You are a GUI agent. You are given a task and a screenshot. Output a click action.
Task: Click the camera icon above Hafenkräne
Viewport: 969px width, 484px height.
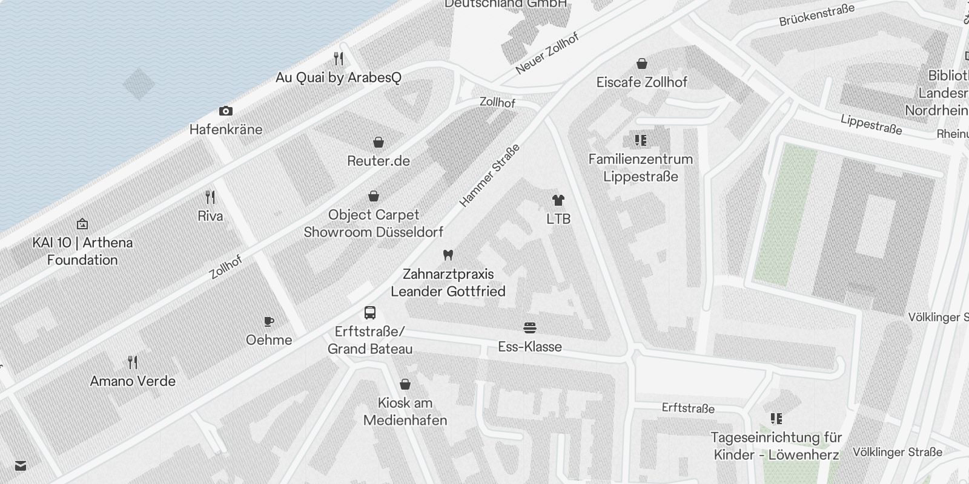(226, 111)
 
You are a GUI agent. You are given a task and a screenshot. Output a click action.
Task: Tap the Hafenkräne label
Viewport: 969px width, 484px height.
(226, 129)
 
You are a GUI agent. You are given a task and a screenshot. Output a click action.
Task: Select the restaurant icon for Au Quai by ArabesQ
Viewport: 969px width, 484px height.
(339, 59)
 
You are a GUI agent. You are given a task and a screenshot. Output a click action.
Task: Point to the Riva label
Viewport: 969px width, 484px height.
(210, 216)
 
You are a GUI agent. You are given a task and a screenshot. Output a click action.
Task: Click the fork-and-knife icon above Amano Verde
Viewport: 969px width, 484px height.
(133, 362)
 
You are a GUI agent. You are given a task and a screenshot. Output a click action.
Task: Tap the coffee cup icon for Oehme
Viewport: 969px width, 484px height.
(269, 321)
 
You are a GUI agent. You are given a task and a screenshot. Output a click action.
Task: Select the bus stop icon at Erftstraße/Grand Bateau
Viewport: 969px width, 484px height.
(370, 313)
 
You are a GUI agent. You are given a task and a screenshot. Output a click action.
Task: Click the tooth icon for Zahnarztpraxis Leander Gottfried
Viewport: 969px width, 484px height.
(448, 255)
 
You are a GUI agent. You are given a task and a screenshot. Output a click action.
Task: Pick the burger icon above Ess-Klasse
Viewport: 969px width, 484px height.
(530, 328)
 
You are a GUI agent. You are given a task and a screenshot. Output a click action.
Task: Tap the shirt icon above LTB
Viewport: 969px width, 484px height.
(558, 200)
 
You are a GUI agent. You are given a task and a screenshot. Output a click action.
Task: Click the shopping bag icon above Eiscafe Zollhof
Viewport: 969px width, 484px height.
(642, 64)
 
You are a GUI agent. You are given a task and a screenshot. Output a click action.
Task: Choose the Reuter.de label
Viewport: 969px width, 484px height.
(379, 161)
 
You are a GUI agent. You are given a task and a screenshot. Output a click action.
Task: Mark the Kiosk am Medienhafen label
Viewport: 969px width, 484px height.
(405, 411)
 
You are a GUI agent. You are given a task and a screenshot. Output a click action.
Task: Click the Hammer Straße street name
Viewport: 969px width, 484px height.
(489, 175)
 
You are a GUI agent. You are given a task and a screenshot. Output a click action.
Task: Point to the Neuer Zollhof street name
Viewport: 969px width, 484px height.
(547, 53)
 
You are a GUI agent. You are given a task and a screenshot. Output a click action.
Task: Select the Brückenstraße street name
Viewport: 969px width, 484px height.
(816, 15)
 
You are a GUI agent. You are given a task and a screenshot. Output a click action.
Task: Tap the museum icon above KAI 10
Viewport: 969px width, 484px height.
(82, 224)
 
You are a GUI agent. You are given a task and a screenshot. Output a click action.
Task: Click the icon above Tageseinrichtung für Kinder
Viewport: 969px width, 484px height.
(776, 418)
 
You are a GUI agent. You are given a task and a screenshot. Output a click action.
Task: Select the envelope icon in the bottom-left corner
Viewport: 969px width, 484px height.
(21, 465)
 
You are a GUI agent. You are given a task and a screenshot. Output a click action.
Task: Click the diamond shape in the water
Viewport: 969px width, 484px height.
(138, 83)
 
